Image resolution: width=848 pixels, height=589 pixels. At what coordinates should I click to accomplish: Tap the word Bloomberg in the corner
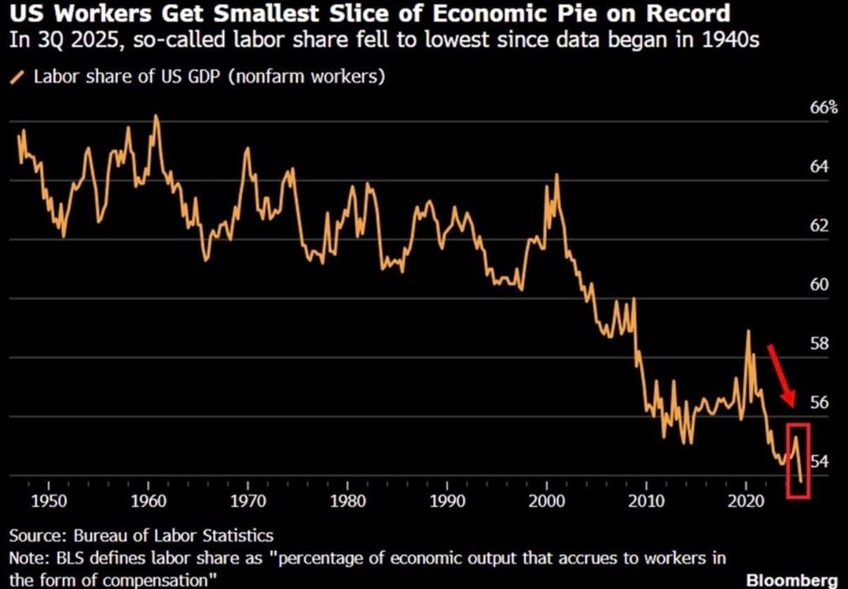click(792, 580)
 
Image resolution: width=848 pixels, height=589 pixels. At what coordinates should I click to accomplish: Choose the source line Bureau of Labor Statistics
click(172, 536)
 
